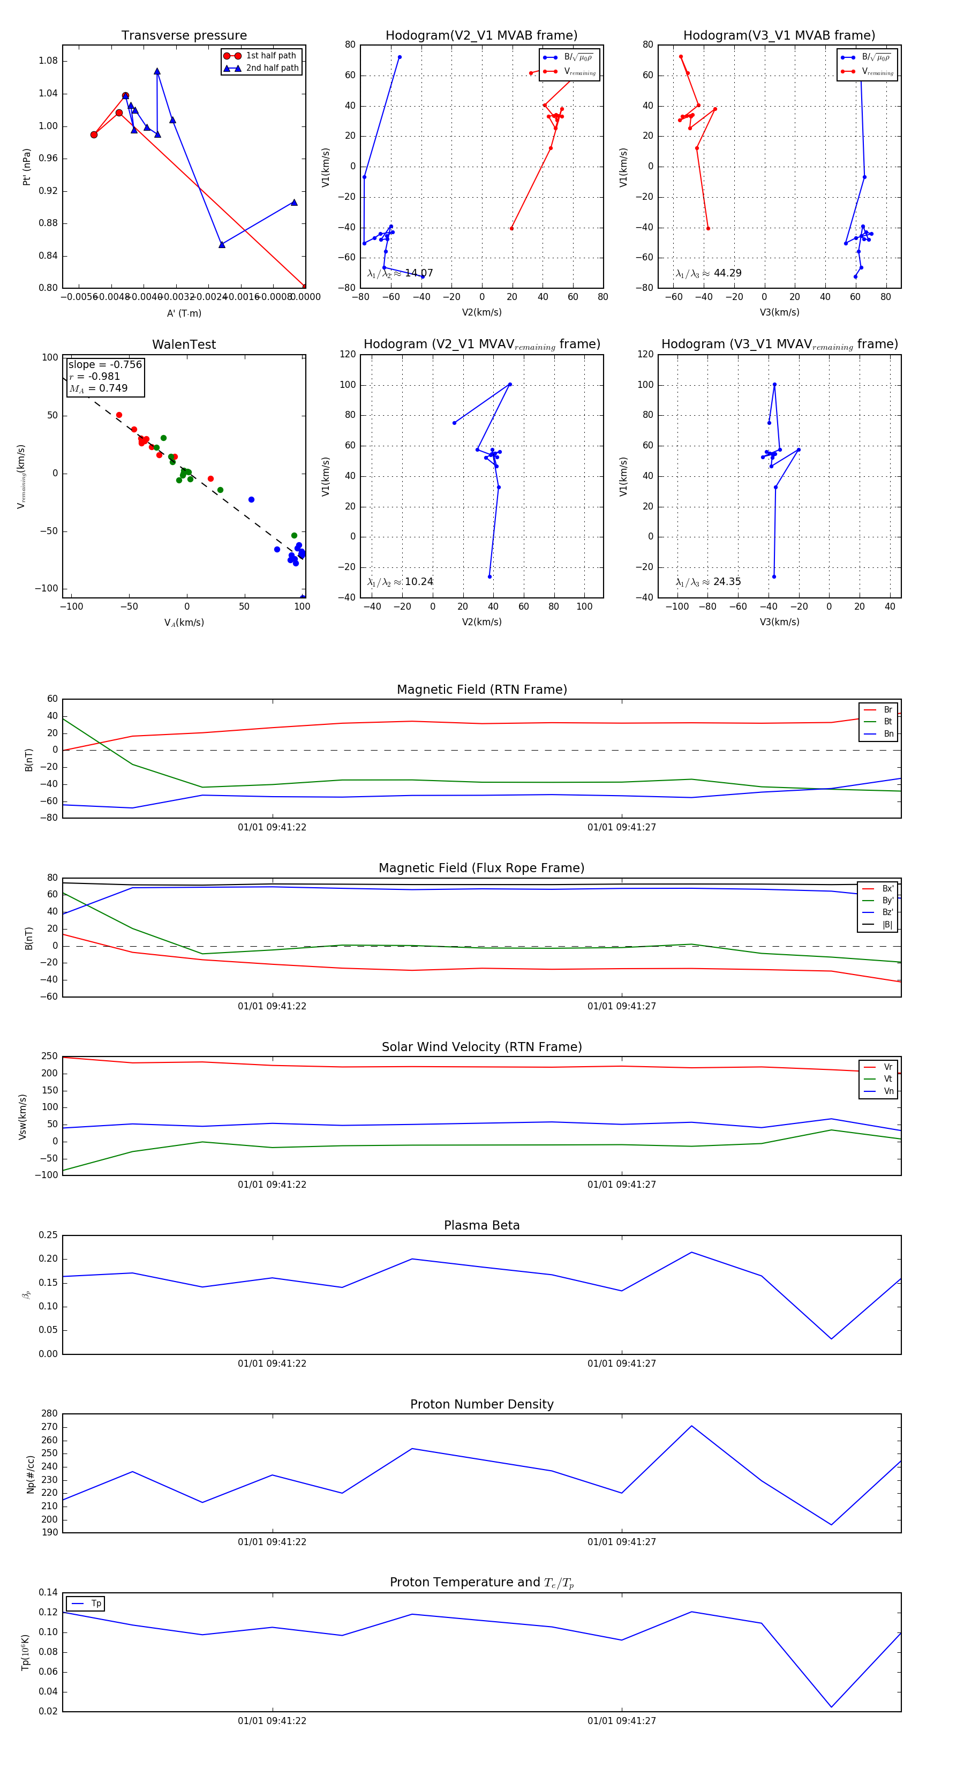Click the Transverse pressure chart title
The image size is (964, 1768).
click(184, 36)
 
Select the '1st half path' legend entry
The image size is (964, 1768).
click(270, 56)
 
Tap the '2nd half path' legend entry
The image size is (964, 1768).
click(272, 68)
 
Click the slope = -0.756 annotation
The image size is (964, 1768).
click(105, 364)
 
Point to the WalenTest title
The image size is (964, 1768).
click(184, 344)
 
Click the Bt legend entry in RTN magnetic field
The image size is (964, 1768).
click(887, 721)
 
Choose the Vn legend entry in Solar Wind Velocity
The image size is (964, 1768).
click(888, 1091)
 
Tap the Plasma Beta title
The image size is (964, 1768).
click(481, 1226)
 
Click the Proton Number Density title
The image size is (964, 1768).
click(481, 1404)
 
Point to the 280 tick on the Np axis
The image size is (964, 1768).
click(49, 1414)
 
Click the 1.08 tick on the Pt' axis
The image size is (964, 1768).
click(48, 61)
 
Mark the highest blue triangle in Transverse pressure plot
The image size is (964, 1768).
click(157, 71)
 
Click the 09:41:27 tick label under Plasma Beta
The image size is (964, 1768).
click(622, 1364)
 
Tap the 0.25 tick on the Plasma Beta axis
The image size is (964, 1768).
click(48, 1235)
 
